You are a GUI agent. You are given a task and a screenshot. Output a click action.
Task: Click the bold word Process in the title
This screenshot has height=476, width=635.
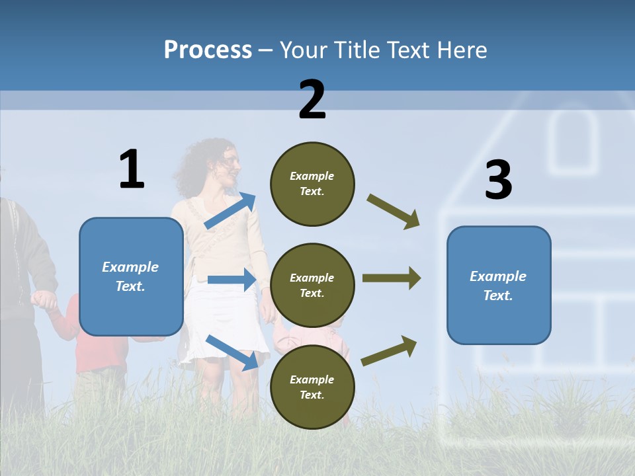pos(208,50)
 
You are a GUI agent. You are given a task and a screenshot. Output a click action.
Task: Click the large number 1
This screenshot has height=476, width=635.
pos(132,170)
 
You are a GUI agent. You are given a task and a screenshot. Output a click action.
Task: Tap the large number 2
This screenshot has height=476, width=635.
pos(312,100)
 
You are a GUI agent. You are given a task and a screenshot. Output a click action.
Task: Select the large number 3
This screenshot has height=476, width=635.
pos(498,180)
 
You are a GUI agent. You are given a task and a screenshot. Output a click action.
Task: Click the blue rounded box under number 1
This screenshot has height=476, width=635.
pos(131,276)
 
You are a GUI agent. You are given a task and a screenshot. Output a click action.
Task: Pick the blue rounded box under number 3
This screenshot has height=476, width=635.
pos(499,286)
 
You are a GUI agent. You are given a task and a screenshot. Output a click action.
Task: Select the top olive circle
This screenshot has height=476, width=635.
pos(312,184)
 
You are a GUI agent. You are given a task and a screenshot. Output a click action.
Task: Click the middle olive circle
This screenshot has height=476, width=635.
pos(312,286)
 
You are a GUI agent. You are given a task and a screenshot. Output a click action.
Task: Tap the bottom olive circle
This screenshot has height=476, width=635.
pos(312,387)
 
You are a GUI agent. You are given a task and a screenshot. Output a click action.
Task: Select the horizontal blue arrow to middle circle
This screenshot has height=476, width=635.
pos(232,280)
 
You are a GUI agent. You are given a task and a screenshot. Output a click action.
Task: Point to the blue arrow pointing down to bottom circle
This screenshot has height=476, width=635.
pos(232,352)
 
